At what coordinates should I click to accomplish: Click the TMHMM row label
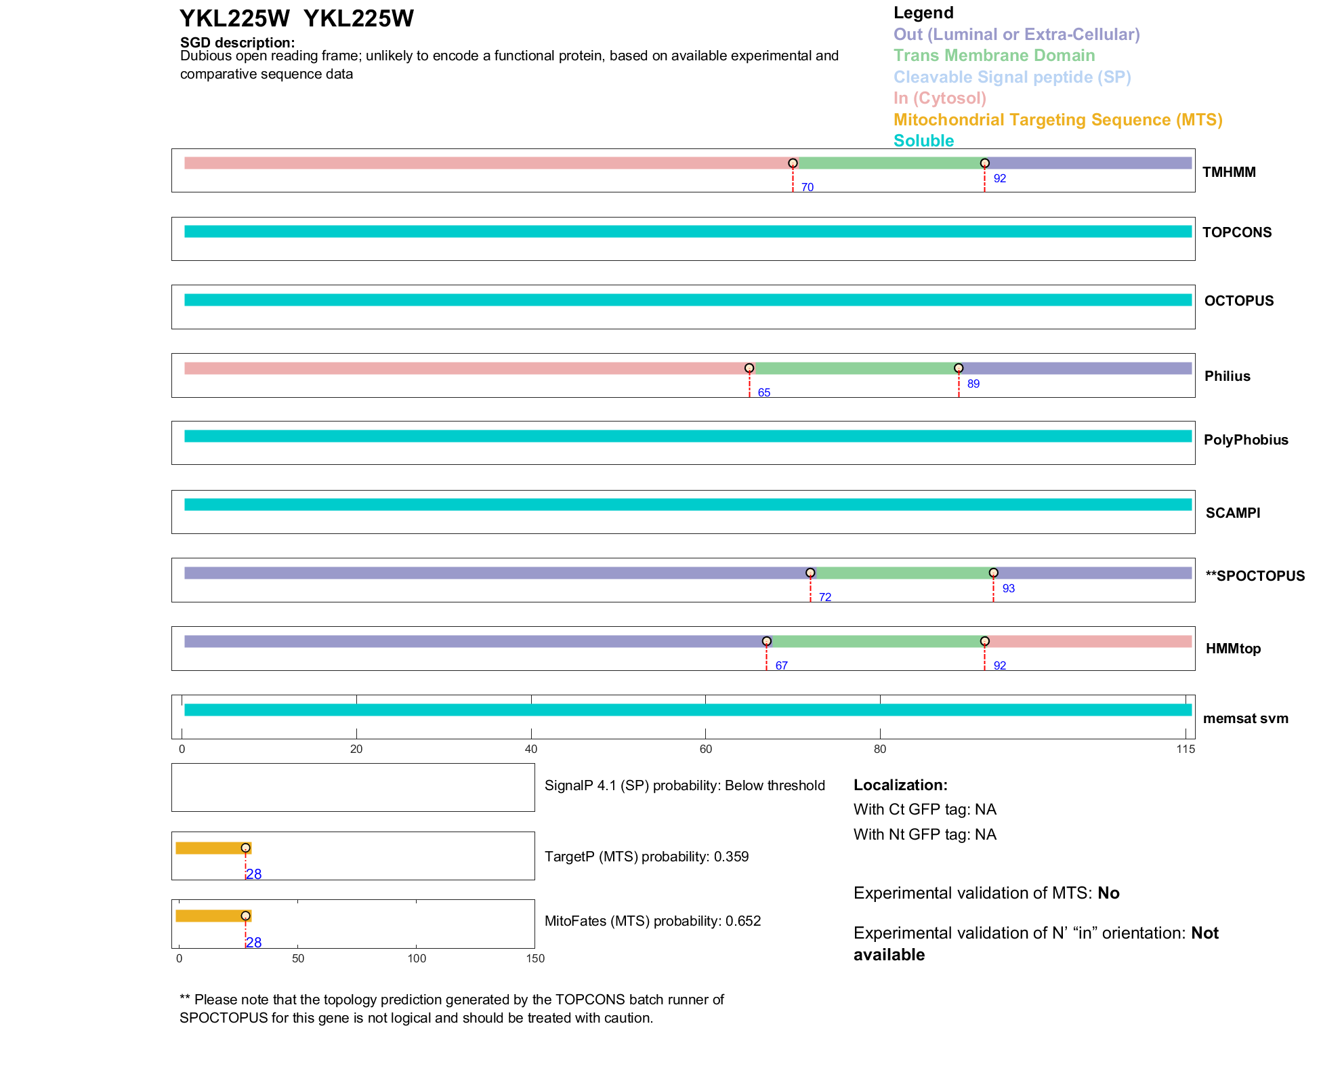(x=1228, y=172)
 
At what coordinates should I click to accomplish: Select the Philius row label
(x=1227, y=376)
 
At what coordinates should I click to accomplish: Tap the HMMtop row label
(x=1232, y=649)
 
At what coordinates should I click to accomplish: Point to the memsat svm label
(x=1245, y=718)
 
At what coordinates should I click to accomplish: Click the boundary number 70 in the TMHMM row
(x=807, y=188)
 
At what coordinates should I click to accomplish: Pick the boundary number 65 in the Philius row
(x=763, y=393)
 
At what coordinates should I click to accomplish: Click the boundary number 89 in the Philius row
(x=973, y=384)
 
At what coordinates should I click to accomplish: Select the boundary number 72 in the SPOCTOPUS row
(x=824, y=598)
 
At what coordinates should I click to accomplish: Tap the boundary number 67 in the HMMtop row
(x=781, y=666)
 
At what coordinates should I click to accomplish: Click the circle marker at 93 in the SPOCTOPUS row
(x=993, y=573)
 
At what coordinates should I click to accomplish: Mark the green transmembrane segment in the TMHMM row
(x=889, y=163)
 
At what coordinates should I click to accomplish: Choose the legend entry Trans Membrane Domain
(x=994, y=56)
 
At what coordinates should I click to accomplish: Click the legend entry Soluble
(x=923, y=141)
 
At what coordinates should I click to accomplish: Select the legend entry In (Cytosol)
(x=940, y=98)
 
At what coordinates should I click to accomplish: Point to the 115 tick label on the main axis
(x=1186, y=750)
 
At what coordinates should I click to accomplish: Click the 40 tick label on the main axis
(x=531, y=750)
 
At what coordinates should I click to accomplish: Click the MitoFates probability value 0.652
(x=743, y=921)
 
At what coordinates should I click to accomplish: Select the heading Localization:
(x=900, y=785)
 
